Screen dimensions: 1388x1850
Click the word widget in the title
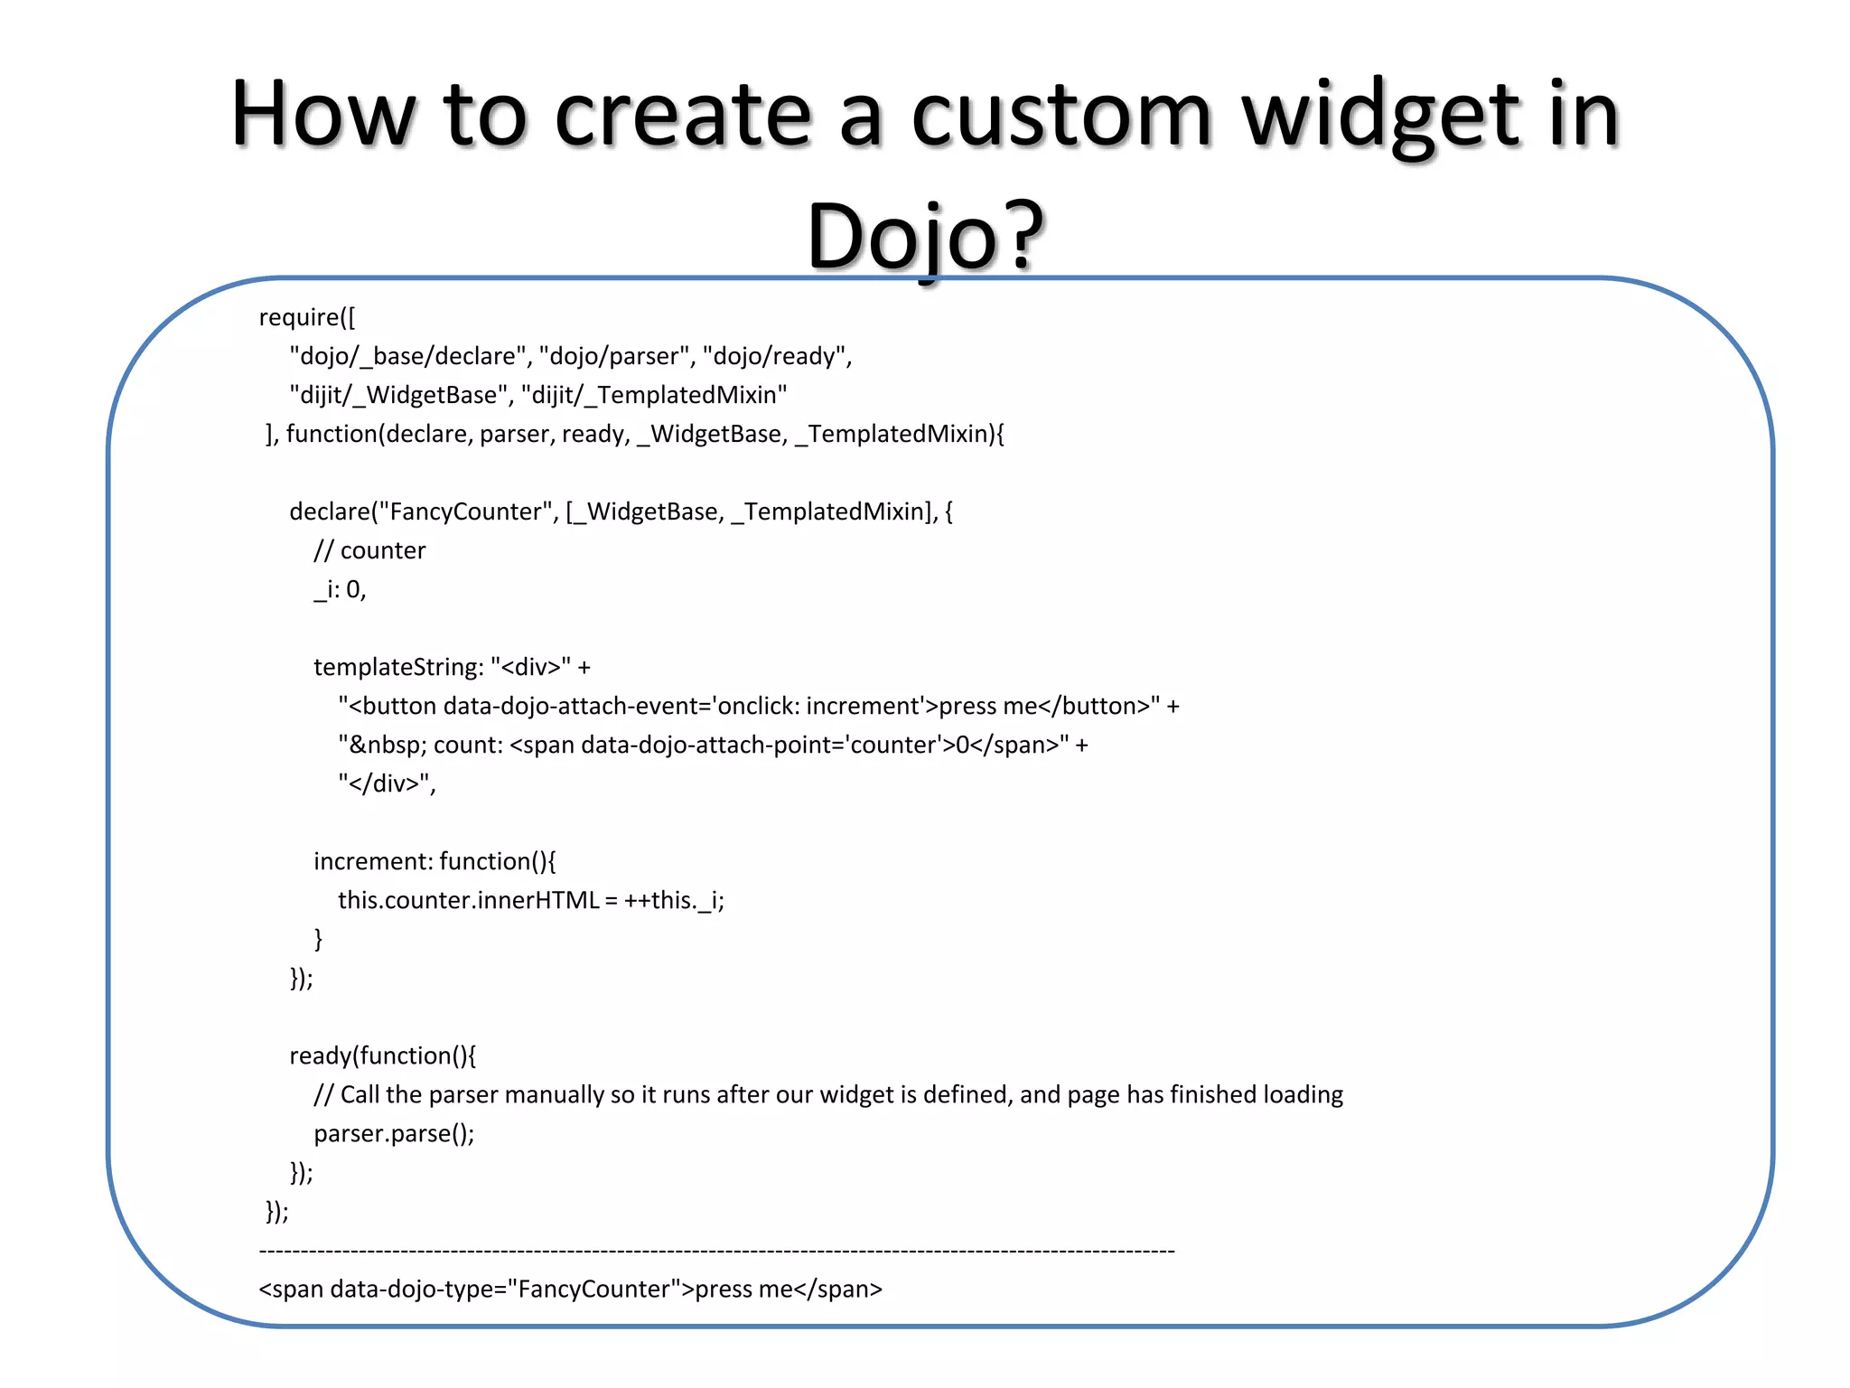(1382, 116)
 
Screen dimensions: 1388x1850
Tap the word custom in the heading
(1060, 116)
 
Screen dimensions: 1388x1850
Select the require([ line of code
(307, 317)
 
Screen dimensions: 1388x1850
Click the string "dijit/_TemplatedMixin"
(654, 395)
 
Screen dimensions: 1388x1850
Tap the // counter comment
(369, 550)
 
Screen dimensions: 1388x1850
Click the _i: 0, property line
(340, 589)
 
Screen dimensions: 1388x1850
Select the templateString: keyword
(398, 667)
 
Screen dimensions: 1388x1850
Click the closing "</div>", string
(387, 783)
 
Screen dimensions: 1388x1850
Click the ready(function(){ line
(382, 1055)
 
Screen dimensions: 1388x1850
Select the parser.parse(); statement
(394, 1133)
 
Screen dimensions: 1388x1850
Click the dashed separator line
(716, 1251)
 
